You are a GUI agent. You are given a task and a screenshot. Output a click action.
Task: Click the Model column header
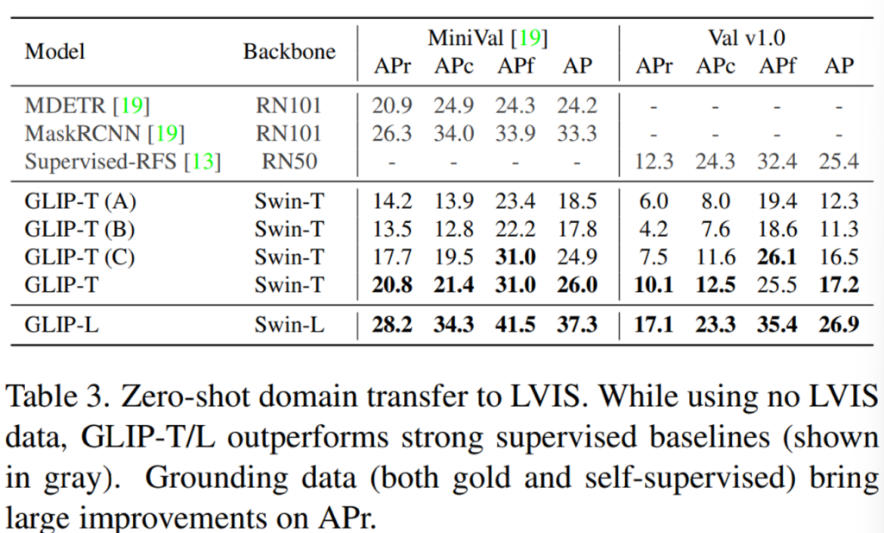55,51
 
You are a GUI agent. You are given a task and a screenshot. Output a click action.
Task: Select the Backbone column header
289,51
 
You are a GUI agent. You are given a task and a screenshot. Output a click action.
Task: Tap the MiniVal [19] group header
488,37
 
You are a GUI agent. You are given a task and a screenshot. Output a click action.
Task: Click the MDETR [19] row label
87,106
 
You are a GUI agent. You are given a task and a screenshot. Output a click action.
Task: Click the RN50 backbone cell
288,162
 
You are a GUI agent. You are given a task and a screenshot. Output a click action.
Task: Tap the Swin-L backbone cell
288,324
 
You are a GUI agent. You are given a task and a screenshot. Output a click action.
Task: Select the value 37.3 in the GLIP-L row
578,324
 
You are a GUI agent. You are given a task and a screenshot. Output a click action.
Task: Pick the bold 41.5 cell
515,324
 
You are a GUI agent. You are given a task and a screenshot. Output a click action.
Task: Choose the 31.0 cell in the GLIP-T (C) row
515,257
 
